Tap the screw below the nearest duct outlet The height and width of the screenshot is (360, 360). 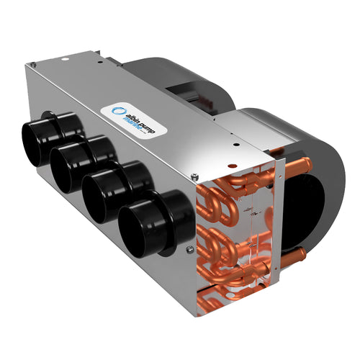coord(189,250)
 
